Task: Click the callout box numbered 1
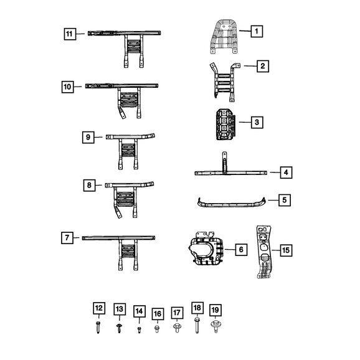[x=257, y=31]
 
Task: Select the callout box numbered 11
[x=70, y=34]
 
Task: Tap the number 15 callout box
[x=286, y=250]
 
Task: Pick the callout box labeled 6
[x=241, y=250]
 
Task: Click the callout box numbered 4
[x=286, y=173]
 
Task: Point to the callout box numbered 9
[x=88, y=137]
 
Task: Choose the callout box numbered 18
[x=197, y=308]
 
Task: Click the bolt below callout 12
[x=98, y=328]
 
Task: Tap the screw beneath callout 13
[x=119, y=328]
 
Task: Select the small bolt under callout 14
[x=139, y=330]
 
